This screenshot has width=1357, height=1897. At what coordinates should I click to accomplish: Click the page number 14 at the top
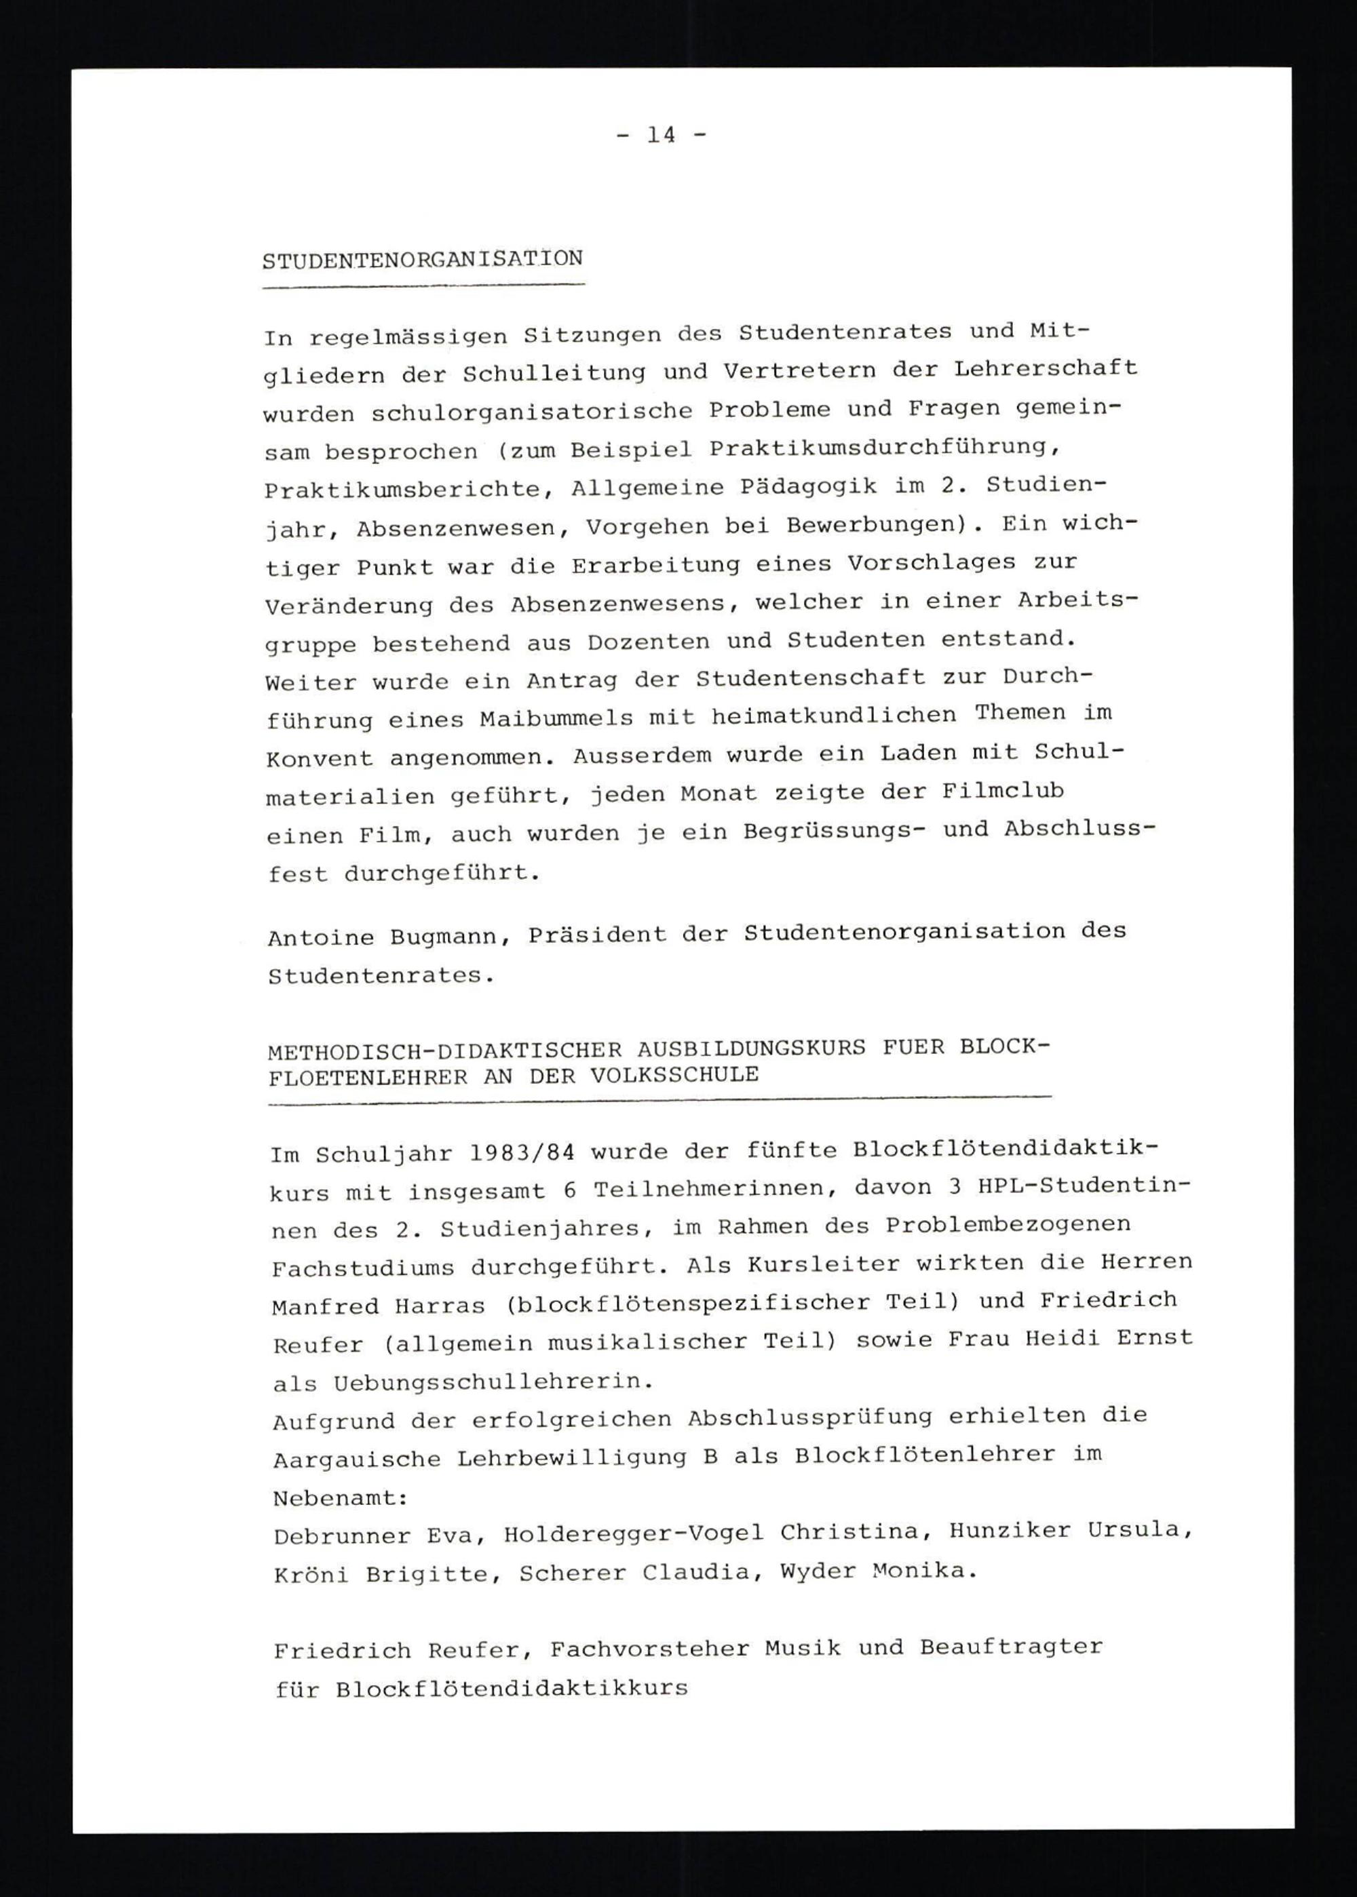pyautogui.click(x=661, y=134)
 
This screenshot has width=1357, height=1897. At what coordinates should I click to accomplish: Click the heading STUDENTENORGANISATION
pyautogui.click(x=423, y=260)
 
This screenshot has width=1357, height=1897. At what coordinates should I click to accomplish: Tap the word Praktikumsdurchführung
pyautogui.click(x=885, y=448)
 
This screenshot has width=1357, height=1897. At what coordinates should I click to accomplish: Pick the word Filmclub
pyautogui.click(x=1003, y=790)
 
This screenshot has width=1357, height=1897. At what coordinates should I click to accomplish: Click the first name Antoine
pyautogui.click(x=320, y=937)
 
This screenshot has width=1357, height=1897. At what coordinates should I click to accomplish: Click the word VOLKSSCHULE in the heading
pyautogui.click(x=674, y=1075)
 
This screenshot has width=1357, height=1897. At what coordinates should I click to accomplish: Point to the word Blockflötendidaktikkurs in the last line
pyautogui.click(x=512, y=1688)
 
